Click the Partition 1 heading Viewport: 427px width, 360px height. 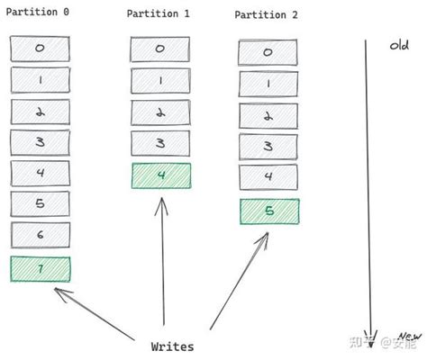click(159, 13)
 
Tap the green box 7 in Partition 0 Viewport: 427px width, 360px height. click(41, 269)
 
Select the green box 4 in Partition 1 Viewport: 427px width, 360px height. click(160, 175)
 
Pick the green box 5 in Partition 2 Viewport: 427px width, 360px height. click(269, 211)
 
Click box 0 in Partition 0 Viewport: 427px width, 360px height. click(41, 49)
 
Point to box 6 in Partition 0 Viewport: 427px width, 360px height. click(41, 236)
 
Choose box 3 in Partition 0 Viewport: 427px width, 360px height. click(41, 142)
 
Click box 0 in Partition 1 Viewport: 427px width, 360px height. click(160, 49)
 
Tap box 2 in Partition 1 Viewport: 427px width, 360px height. click(160, 112)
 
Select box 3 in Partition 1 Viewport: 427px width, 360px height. click(160, 143)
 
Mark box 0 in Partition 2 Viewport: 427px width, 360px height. click(268, 52)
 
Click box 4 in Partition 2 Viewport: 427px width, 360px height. click(268, 177)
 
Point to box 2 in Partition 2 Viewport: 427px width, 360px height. click(268, 115)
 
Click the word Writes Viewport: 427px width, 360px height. click(172, 346)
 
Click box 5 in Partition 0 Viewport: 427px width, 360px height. click(41, 204)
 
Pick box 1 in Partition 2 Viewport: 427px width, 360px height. click(268, 84)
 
